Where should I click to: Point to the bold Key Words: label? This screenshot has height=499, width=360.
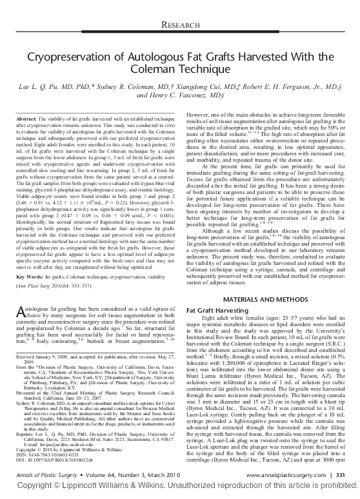click(x=29, y=277)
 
